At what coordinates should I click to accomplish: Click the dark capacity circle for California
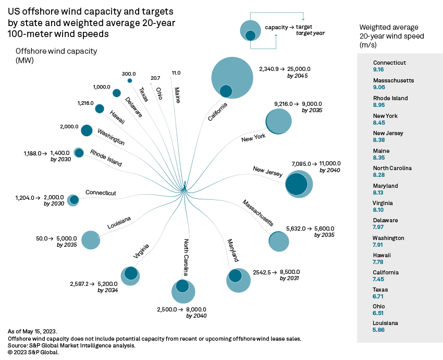[x=226, y=91]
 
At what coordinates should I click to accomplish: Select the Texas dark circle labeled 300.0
[x=130, y=80]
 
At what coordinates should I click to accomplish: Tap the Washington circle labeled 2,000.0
[x=87, y=130]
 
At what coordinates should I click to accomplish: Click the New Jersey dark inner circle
[x=297, y=184]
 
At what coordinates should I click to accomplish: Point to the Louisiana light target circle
[x=91, y=239]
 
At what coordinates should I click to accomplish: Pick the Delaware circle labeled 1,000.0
[x=116, y=93]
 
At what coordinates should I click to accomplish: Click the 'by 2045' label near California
[x=298, y=76]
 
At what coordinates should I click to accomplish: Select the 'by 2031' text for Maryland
[x=290, y=279]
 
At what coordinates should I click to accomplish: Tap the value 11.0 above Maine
[x=176, y=73]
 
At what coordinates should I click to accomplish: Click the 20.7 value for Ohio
[x=155, y=78]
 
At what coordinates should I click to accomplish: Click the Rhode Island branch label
[x=106, y=158]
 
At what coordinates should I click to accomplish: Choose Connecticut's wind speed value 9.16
[x=378, y=69]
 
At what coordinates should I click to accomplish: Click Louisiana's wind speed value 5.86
[x=378, y=330]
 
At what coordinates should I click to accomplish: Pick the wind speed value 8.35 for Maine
[x=378, y=157]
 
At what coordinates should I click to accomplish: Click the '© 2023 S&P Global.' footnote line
[x=34, y=352]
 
